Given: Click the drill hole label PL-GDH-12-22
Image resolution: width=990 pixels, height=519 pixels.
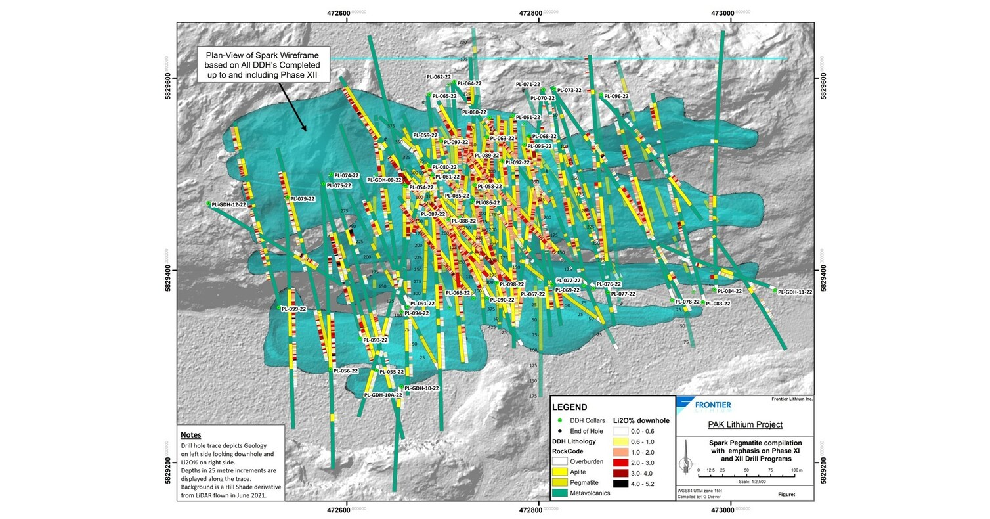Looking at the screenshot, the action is pyautogui.click(x=229, y=205).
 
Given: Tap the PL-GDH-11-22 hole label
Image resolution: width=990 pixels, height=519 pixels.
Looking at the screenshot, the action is pyautogui.click(x=796, y=292).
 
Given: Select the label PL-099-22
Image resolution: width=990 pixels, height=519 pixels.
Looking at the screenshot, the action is pyautogui.click(x=293, y=309).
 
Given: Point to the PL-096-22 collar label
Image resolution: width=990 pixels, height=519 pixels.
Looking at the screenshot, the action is pyautogui.click(x=616, y=97).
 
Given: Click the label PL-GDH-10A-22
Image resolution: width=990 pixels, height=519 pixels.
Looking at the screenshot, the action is pyautogui.click(x=383, y=395).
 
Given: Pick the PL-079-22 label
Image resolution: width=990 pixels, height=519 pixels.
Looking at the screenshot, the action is pyautogui.click(x=303, y=199).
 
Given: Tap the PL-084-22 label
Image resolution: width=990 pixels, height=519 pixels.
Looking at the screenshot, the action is pyautogui.click(x=729, y=291).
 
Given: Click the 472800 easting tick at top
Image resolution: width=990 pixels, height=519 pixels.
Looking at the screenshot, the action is pyautogui.click(x=531, y=12).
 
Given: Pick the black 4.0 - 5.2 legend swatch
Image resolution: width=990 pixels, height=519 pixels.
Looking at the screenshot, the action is pyautogui.click(x=622, y=484).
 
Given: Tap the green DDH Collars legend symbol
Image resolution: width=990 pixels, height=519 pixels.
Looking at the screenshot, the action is pyautogui.click(x=560, y=420).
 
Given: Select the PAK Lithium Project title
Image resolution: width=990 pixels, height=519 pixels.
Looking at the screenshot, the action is pyautogui.click(x=744, y=424).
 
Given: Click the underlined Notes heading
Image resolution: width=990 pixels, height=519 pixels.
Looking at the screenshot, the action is pyautogui.click(x=191, y=435).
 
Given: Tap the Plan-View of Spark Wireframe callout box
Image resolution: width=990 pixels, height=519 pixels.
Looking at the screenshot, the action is pyautogui.click(x=263, y=65).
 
